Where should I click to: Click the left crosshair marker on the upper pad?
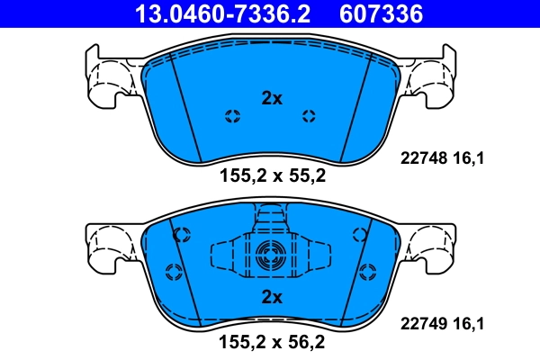tap(232, 115)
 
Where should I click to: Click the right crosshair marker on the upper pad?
tap(309, 115)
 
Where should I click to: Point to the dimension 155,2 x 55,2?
tap(272, 176)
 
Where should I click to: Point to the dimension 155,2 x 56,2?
tap(272, 341)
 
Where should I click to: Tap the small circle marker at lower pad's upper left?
tap(181, 235)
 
